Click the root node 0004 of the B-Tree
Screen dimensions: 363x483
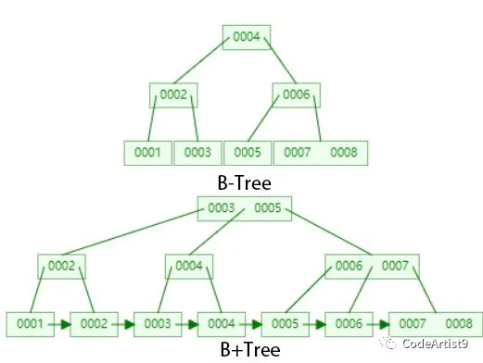point(247,37)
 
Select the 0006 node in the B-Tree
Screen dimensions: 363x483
point(296,94)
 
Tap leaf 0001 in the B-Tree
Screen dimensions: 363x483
point(148,152)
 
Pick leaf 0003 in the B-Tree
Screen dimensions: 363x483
point(197,152)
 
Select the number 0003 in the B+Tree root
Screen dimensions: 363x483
point(222,207)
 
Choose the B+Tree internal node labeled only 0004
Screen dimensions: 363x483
point(189,266)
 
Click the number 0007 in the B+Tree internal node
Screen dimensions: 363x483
point(394,266)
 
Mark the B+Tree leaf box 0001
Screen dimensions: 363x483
point(31,324)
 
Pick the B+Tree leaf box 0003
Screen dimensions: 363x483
point(159,324)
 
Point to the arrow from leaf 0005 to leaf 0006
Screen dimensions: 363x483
point(316,324)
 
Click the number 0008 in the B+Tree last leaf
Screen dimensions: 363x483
point(458,324)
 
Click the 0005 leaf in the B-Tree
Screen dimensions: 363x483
point(246,152)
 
